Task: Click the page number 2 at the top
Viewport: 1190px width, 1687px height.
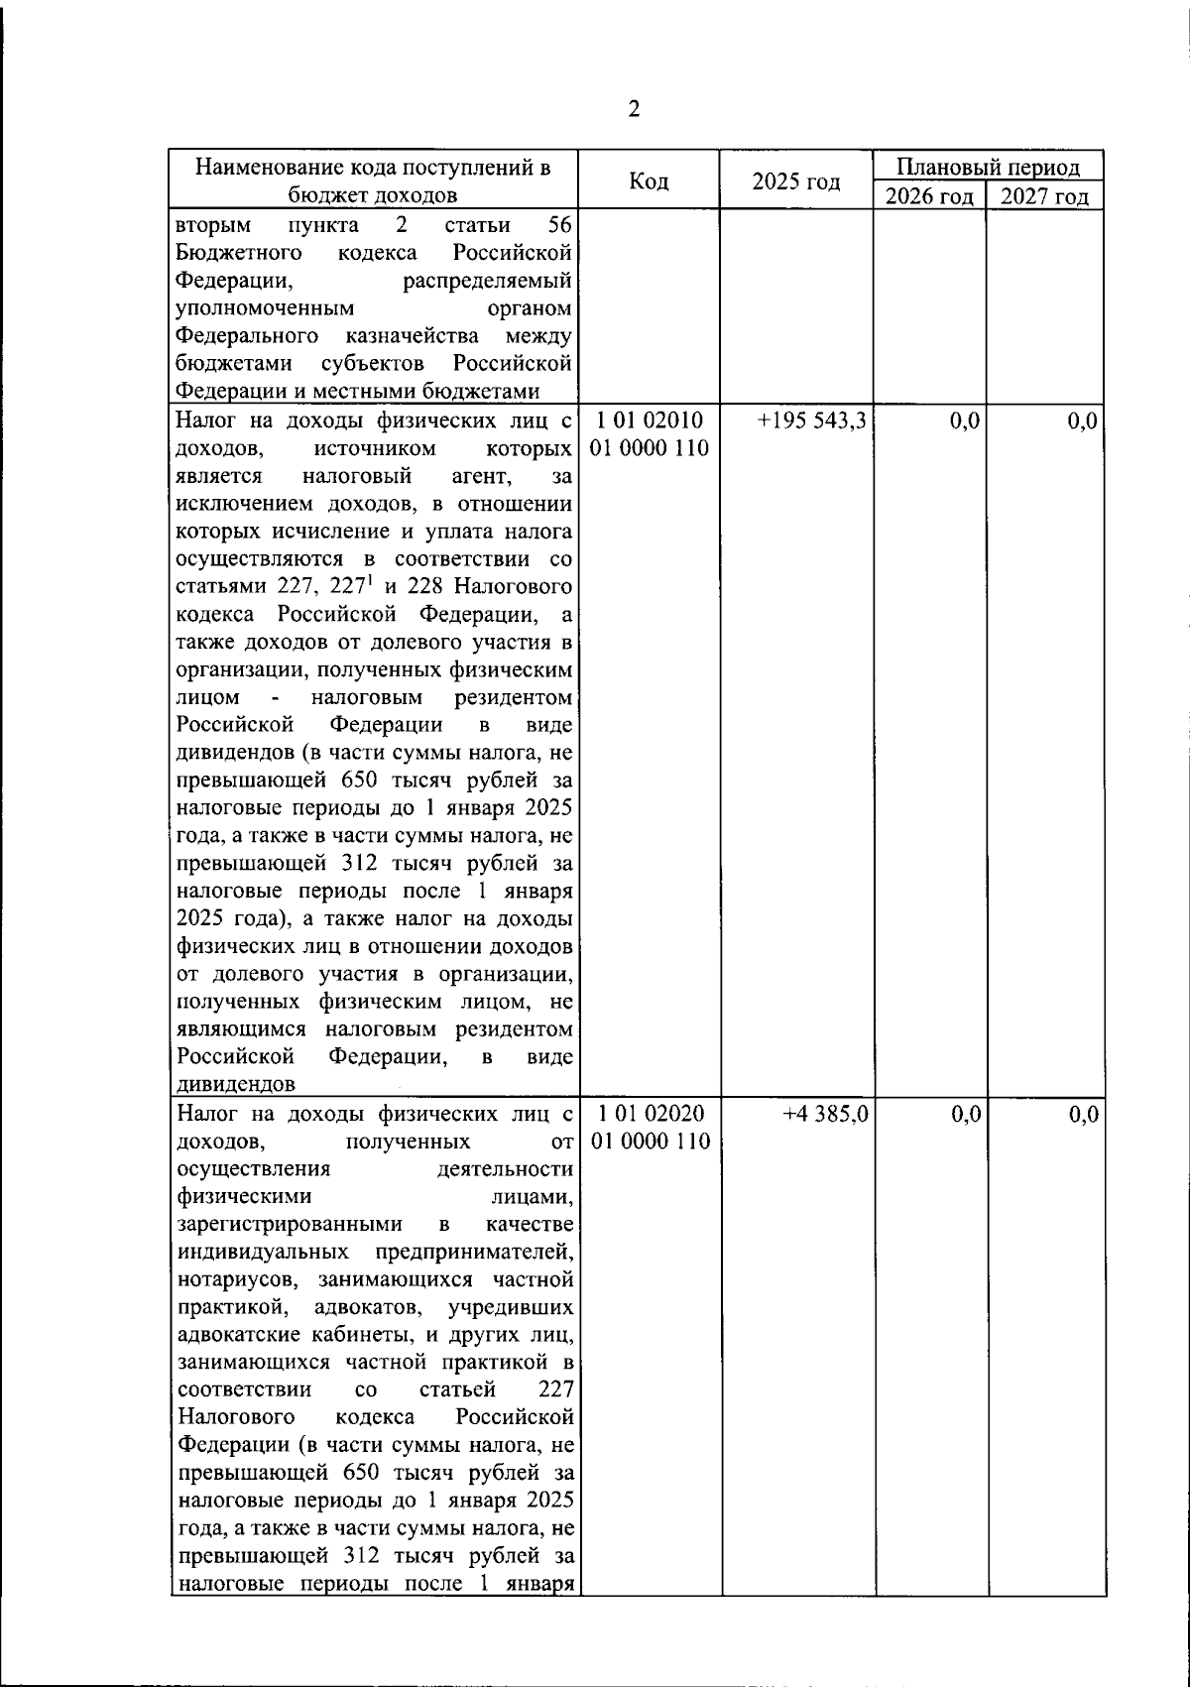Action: pos(635,110)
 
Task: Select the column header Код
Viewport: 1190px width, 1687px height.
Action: pos(650,181)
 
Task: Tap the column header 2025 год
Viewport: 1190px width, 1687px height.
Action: pos(796,181)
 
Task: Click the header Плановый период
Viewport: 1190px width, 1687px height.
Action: pos(988,167)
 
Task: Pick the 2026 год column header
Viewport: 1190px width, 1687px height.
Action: pos(929,196)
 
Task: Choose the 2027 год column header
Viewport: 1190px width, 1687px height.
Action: pos(1044,196)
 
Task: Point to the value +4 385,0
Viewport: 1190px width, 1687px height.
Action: pos(825,1115)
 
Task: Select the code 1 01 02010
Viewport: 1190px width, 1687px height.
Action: pos(650,421)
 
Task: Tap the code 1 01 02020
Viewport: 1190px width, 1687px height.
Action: pos(651,1114)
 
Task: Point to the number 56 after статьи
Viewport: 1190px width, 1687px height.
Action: pos(561,224)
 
